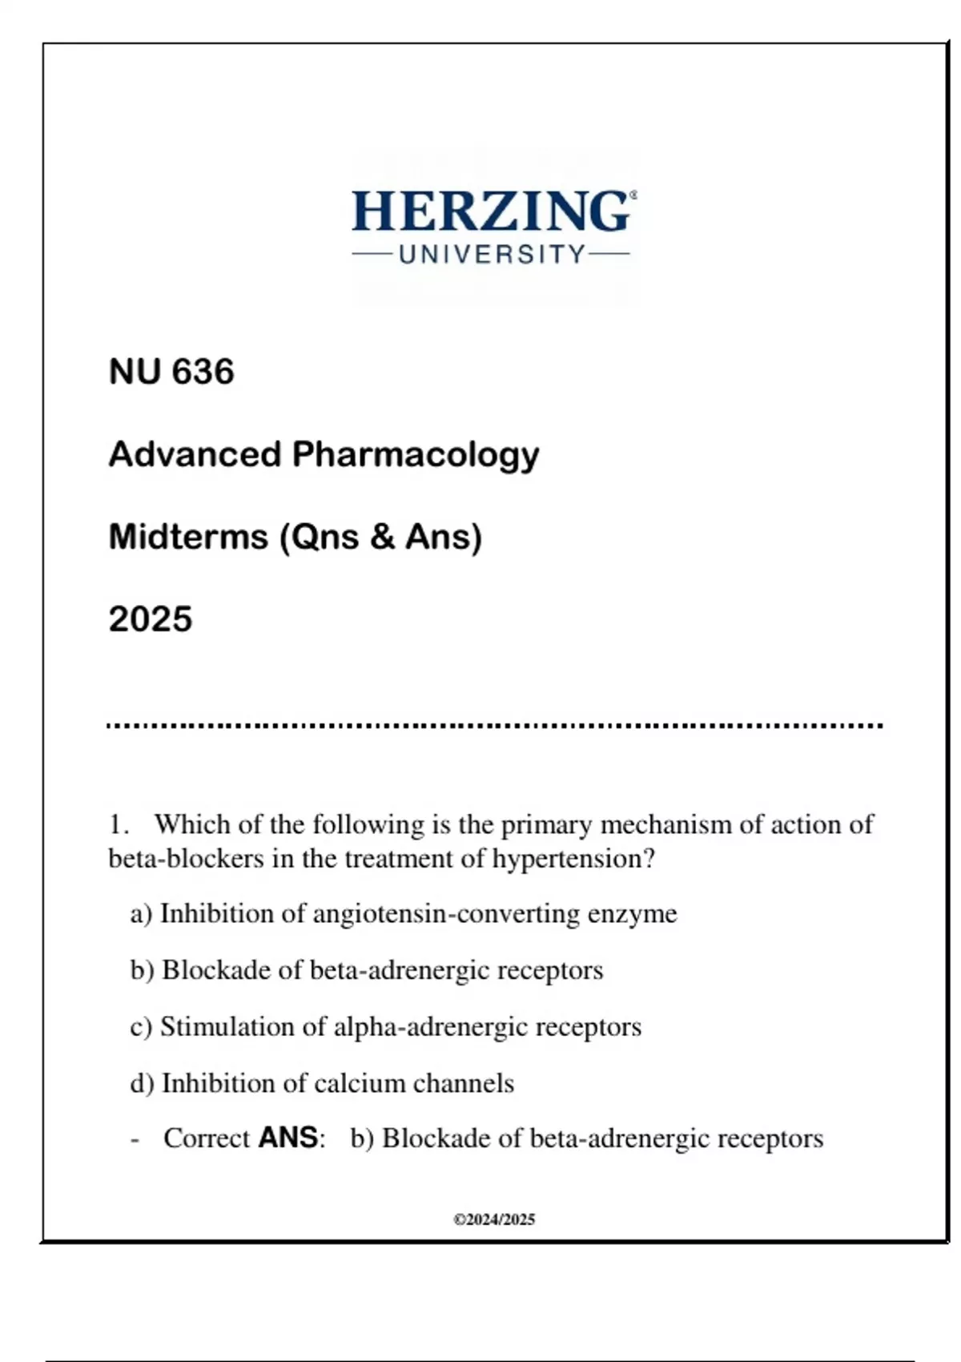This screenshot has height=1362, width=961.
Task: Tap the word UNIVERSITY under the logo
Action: (x=492, y=255)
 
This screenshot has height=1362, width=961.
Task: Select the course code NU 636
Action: (x=171, y=372)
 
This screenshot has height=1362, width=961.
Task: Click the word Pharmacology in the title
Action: (x=416, y=454)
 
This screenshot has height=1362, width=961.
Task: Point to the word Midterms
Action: (x=188, y=537)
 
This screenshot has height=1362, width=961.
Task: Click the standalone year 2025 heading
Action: (x=151, y=619)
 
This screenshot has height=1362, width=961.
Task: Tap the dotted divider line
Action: (x=494, y=726)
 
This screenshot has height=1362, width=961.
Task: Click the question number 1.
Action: (x=118, y=824)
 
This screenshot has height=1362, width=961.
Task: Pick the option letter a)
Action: (x=141, y=914)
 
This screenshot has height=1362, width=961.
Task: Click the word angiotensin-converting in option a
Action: (x=446, y=914)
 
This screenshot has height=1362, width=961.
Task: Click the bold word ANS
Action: (x=288, y=1138)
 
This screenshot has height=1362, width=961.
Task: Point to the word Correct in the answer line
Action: (x=207, y=1138)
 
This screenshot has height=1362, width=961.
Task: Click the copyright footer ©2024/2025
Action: (x=494, y=1220)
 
